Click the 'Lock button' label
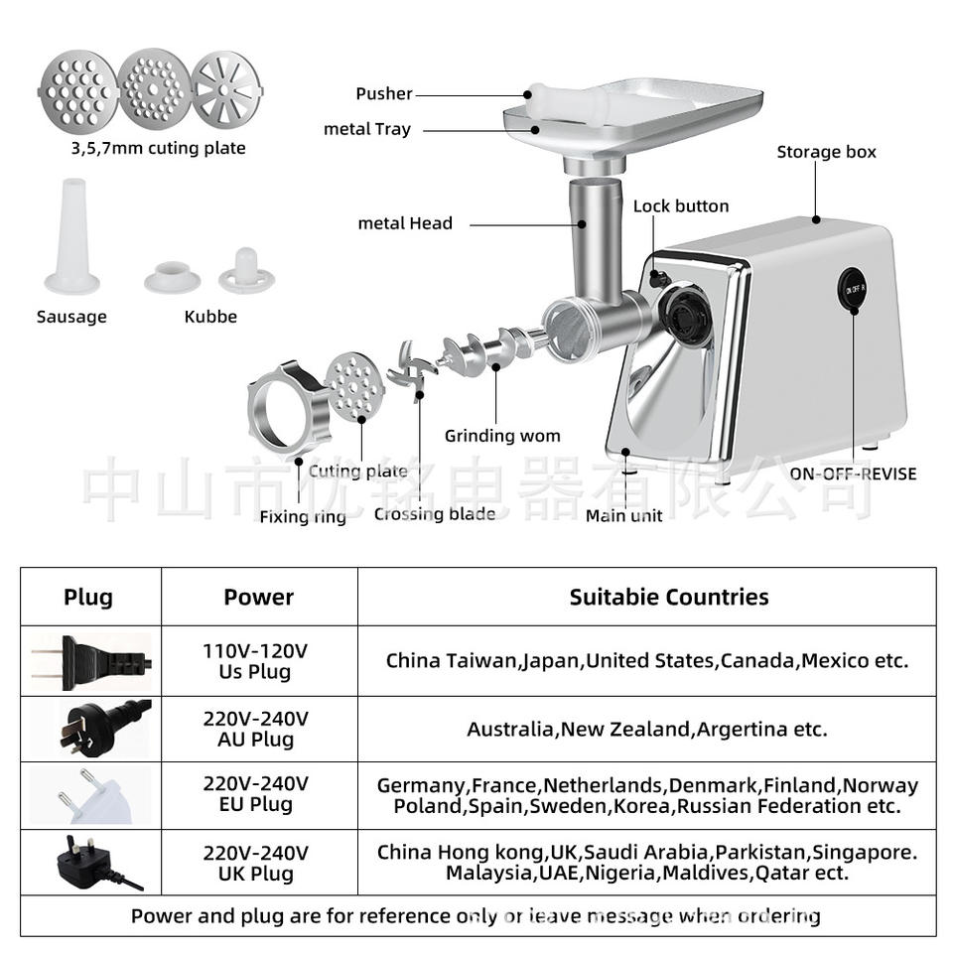pyautogui.click(x=681, y=206)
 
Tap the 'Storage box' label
pyautogui.click(x=826, y=152)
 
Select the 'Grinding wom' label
pyautogui.click(x=502, y=436)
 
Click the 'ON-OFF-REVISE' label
pyautogui.click(x=853, y=474)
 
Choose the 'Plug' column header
pyautogui.click(x=88, y=597)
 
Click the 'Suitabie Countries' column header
pyautogui.click(x=668, y=597)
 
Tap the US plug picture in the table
pyautogui.click(x=91, y=661)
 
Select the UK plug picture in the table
pyautogui.click(x=91, y=862)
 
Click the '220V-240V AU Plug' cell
pyautogui.click(x=256, y=729)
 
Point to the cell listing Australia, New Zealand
pyautogui.click(x=646, y=729)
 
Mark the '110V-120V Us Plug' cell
pyautogui.click(x=256, y=661)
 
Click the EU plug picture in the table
pyautogui.click(x=91, y=794)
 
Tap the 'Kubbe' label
pyautogui.click(x=210, y=317)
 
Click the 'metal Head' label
pyautogui.click(x=405, y=223)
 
